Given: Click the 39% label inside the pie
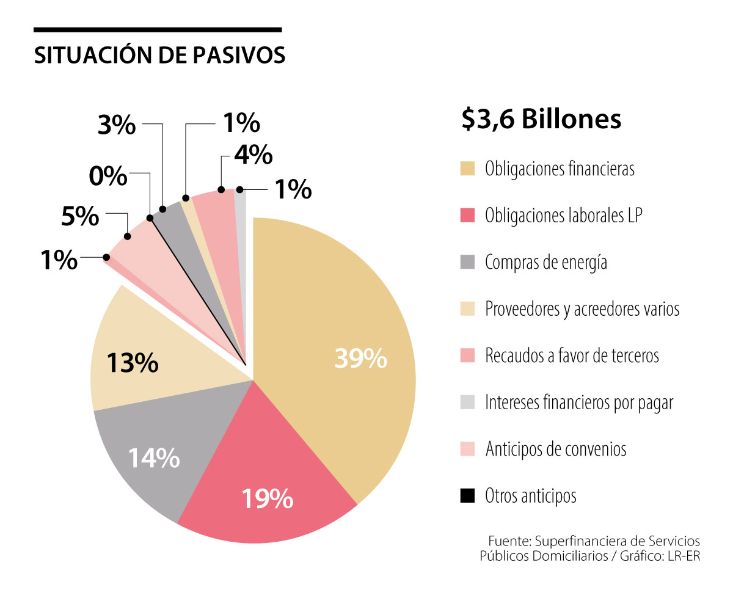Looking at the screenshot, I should coord(360,359).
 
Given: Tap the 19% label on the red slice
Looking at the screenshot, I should coord(267,499).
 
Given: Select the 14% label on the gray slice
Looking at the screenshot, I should coord(153,457).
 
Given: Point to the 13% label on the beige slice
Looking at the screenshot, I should coord(133,363).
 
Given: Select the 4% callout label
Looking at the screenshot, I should coord(252,155).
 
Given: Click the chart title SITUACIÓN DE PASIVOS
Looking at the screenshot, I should coord(159,55).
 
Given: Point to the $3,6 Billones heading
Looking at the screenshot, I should coord(541,119).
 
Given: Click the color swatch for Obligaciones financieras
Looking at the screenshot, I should coord(468,169).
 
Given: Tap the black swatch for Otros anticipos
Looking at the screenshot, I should coord(468,496).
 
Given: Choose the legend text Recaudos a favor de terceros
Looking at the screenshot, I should coord(572,355).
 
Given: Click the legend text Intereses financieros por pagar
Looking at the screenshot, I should coord(579,402).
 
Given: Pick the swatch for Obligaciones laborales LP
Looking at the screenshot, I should coord(468,216).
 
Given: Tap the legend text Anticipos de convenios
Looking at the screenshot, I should coord(556,450).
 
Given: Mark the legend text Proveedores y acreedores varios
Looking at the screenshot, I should coord(582,309).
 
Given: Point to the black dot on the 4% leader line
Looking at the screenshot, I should coord(222,189).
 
